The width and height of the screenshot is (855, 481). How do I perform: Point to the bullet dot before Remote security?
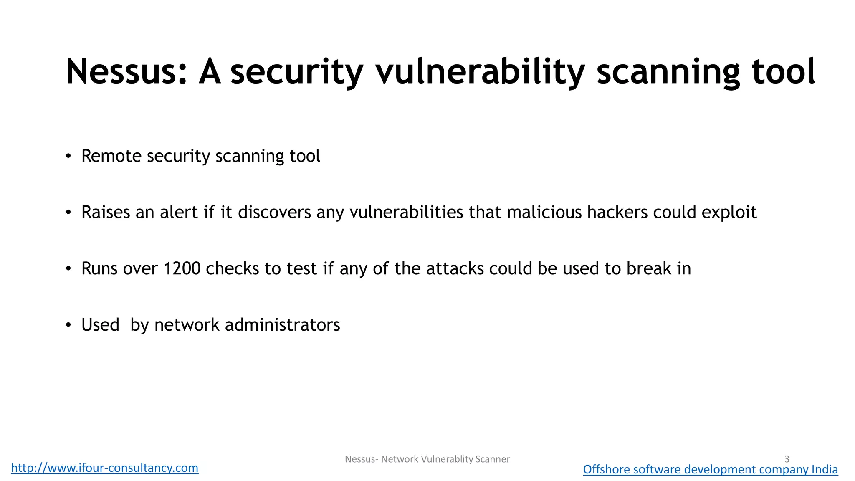point(68,157)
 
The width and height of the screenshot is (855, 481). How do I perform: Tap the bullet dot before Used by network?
point(68,325)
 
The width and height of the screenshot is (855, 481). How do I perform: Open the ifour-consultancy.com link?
point(105,468)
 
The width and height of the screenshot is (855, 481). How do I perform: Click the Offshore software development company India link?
point(710,470)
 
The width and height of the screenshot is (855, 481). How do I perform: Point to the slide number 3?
point(787,459)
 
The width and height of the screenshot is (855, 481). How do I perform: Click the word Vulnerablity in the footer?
point(447,459)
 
